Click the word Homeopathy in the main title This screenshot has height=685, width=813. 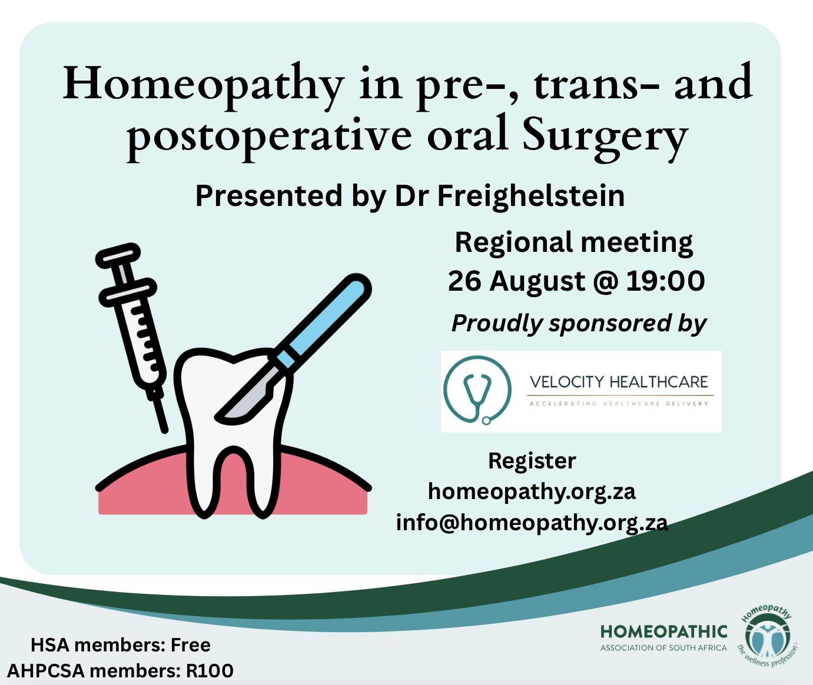pyautogui.click(x=204, y=87)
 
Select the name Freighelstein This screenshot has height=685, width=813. pyautogui.click(x=531, y=197)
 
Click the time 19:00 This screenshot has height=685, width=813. pyautogui.click(x=665, y=281)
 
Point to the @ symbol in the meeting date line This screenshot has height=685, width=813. pyautogui.click(x=605, y=282)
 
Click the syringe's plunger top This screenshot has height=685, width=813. pyautogui.click(x=118, y=255)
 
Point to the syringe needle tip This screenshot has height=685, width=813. pyautogui.click(x=165, y=430)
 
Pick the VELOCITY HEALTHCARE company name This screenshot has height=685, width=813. pyautogui.click(x=619, y=382)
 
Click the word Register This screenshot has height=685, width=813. pyautogui.click(x=532, y=461)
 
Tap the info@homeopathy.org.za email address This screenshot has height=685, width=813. pyautogui.click(x=532, y=523)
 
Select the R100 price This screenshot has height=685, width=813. pyautogui.click(x=210, y=671)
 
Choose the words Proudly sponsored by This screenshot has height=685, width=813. pyautogui.click(x=579, y=324)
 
